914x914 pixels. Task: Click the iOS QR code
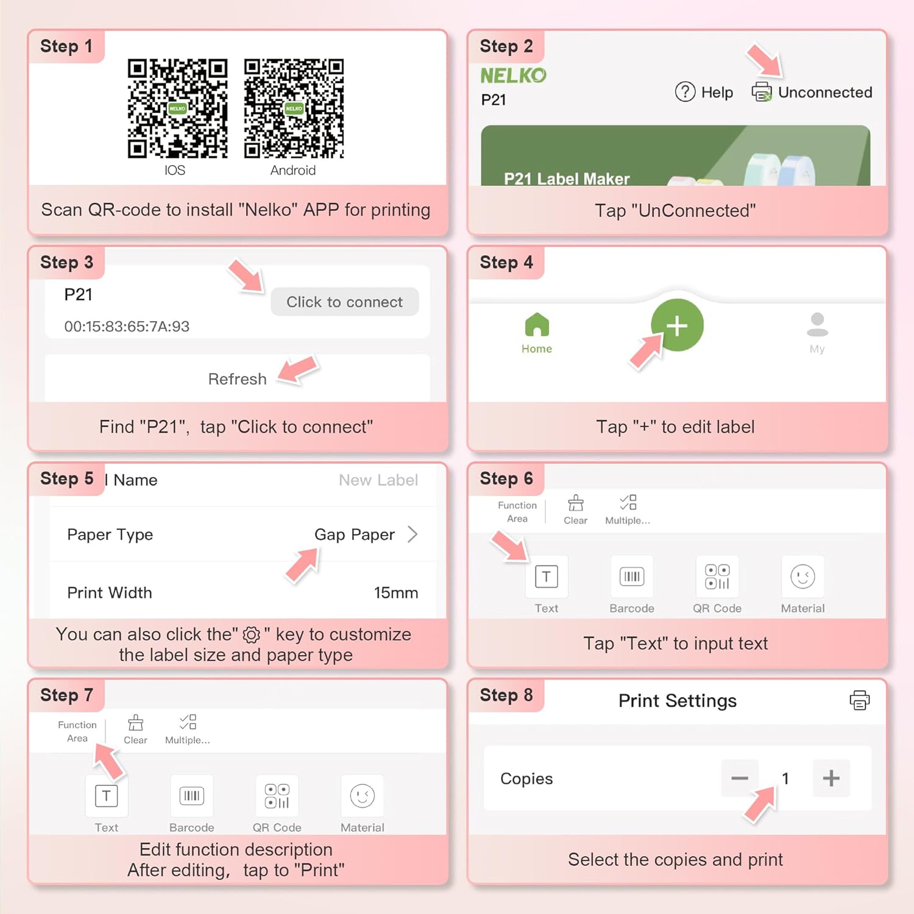177,108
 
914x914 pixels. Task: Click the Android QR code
294,108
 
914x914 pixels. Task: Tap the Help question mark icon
685,92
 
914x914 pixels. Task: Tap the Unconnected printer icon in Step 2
762,92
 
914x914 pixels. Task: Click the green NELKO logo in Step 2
513,76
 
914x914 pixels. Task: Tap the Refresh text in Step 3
237,379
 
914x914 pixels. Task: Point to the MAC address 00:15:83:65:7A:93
127,327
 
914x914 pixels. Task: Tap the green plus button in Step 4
677,325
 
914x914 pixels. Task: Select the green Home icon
537,324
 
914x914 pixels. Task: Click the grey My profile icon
817,324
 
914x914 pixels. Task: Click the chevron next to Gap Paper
413,534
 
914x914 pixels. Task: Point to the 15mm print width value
396,593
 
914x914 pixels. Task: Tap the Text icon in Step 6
547,576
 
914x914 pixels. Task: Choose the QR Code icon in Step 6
717,576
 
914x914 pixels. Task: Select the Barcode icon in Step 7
192,796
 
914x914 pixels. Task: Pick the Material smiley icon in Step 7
363,796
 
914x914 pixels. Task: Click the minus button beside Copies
740,778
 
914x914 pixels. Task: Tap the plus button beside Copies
831,778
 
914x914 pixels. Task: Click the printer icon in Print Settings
860,700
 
